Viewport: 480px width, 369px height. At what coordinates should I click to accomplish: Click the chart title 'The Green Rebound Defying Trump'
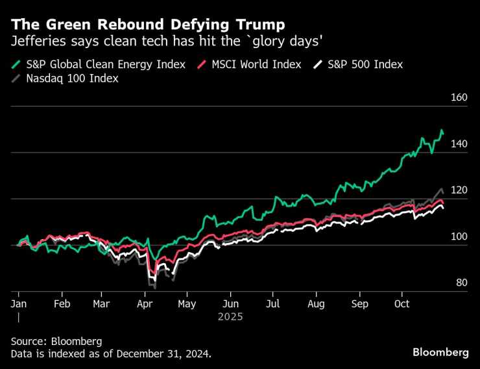pyautogui.click(x=148, y=25)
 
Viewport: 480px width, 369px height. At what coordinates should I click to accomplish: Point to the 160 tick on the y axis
pyautogui.click(x=459, y=97)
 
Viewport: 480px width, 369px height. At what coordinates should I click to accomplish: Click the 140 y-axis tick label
pyautogui.click(x=459, y=144)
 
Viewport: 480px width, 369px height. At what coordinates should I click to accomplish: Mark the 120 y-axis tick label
pyautogui.click(x=459, y=190)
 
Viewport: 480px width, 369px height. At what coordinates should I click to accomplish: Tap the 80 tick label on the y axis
pyautogui.click(x=461, y=283)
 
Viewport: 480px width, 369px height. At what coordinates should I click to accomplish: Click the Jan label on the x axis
pyautogui.click(x=19, y=303)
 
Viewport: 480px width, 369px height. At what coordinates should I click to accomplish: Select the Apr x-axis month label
pyautogui.click(x=145, y=303)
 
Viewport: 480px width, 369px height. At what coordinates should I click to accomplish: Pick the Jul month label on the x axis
pyautogui.click(x=273, y=303)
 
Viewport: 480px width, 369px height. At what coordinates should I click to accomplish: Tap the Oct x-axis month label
pyautogui.click(x=402, y=303)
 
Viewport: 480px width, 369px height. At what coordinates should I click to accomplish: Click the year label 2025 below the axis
pyautogui.click(x=230, y=317)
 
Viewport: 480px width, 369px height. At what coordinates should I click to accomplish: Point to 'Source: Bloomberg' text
pyautogui.click(x=56, y=340)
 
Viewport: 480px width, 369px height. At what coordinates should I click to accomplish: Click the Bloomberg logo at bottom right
pyautogui.click(x=440, y=352)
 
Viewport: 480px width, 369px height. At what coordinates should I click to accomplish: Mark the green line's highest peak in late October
pyautogui.click(x=441, y=131)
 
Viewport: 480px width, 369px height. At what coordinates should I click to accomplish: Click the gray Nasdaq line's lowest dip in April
pyautogui.click(x=154, y=288)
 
